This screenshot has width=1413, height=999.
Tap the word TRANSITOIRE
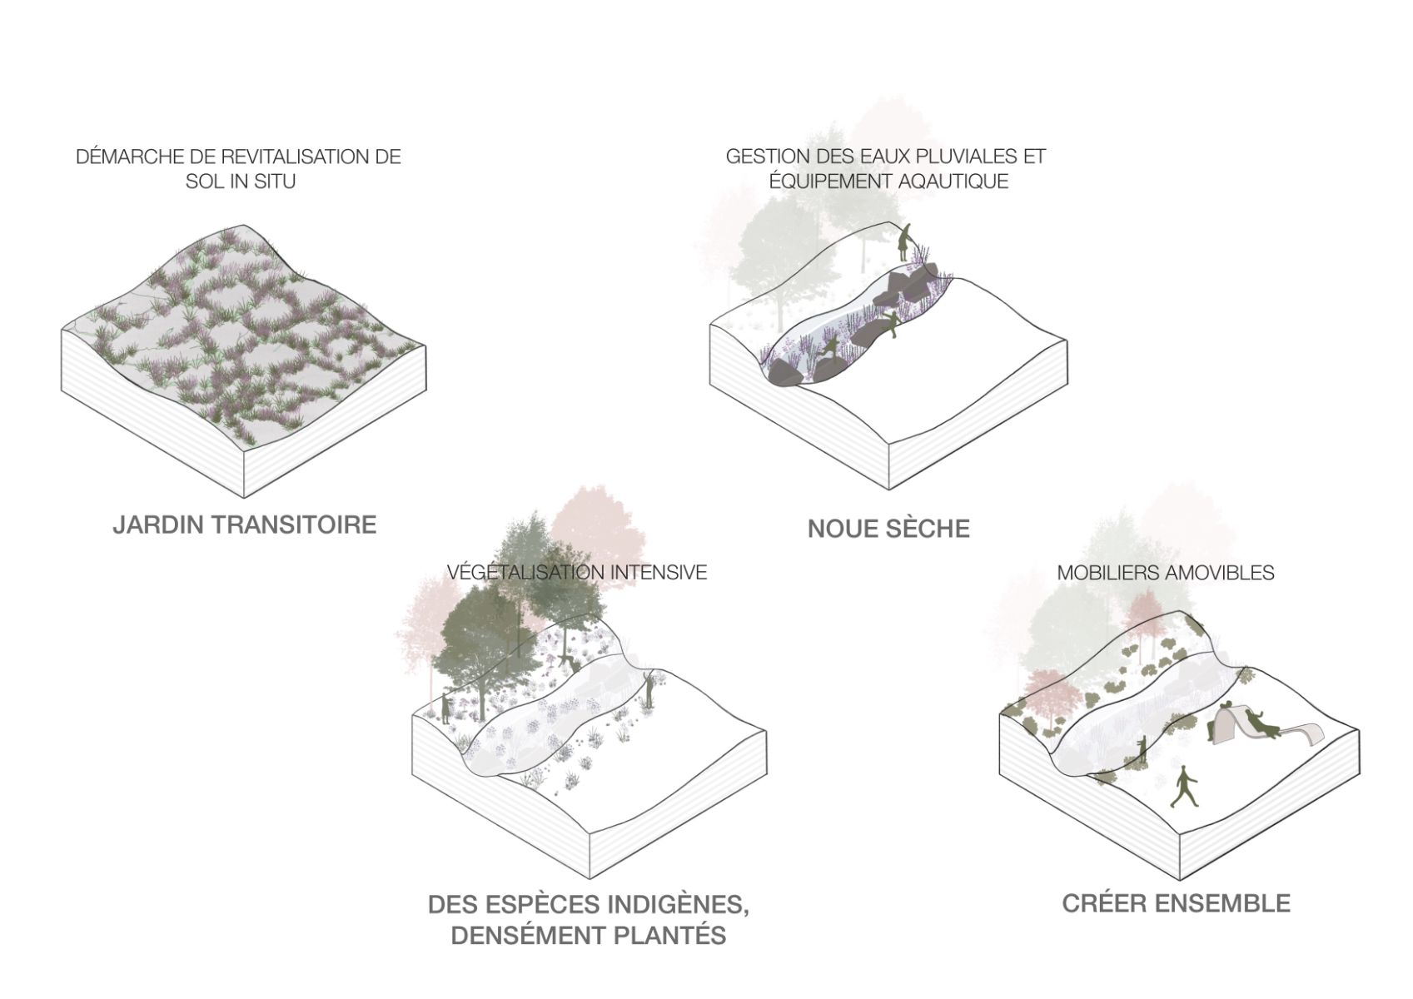pos(297,524)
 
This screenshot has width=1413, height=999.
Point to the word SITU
pos(275,181)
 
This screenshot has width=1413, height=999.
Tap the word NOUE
pos(842,529)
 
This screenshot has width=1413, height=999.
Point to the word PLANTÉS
pos(670,935)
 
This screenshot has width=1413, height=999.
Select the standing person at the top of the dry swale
pos(905,241)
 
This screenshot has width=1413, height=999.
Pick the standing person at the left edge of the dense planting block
pos(446,707)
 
